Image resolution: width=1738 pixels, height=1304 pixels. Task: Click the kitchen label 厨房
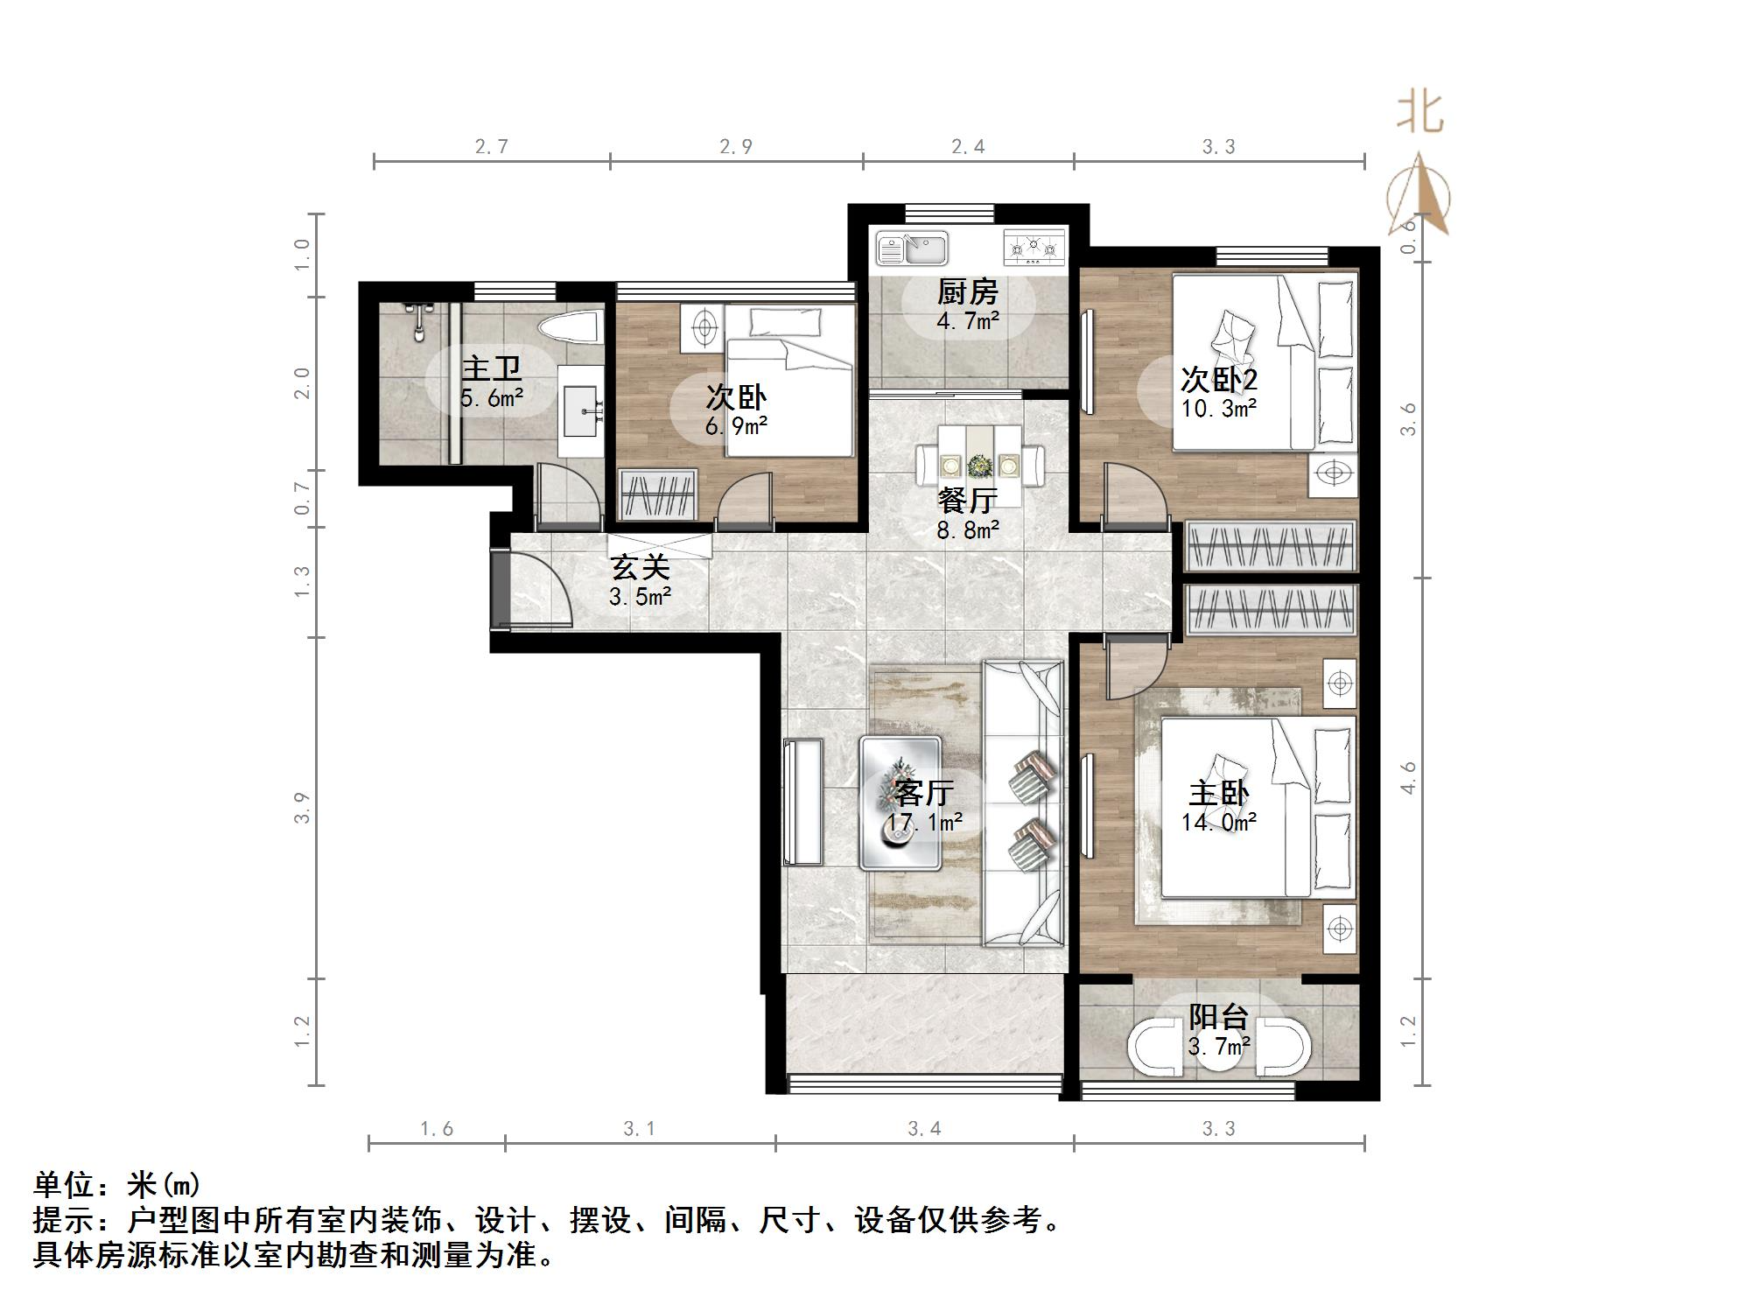click(967, 291)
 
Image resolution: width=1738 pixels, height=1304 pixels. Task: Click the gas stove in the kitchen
click(1035, 246)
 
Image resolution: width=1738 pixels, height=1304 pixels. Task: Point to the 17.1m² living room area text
click(924, 822)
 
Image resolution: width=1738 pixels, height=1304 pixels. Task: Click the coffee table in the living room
click(901, 803)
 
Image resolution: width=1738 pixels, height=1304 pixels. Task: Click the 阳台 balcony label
click(1218, 1016)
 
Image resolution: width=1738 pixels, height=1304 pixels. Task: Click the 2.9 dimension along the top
click(736, 146)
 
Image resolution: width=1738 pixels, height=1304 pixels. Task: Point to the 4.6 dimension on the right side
click(1408, 777)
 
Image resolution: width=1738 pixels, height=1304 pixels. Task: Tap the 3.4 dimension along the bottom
click(924, 1129)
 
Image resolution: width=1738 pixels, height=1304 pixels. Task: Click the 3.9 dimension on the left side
click(302, 807)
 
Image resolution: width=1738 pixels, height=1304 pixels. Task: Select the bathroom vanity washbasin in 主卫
click(581, 411)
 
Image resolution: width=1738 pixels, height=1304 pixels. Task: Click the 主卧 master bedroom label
click(1218, 793)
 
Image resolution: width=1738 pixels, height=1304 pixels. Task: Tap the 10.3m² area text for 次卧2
click(1219, 408)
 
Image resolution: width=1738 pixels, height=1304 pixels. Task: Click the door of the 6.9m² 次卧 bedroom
click(746, 502)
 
